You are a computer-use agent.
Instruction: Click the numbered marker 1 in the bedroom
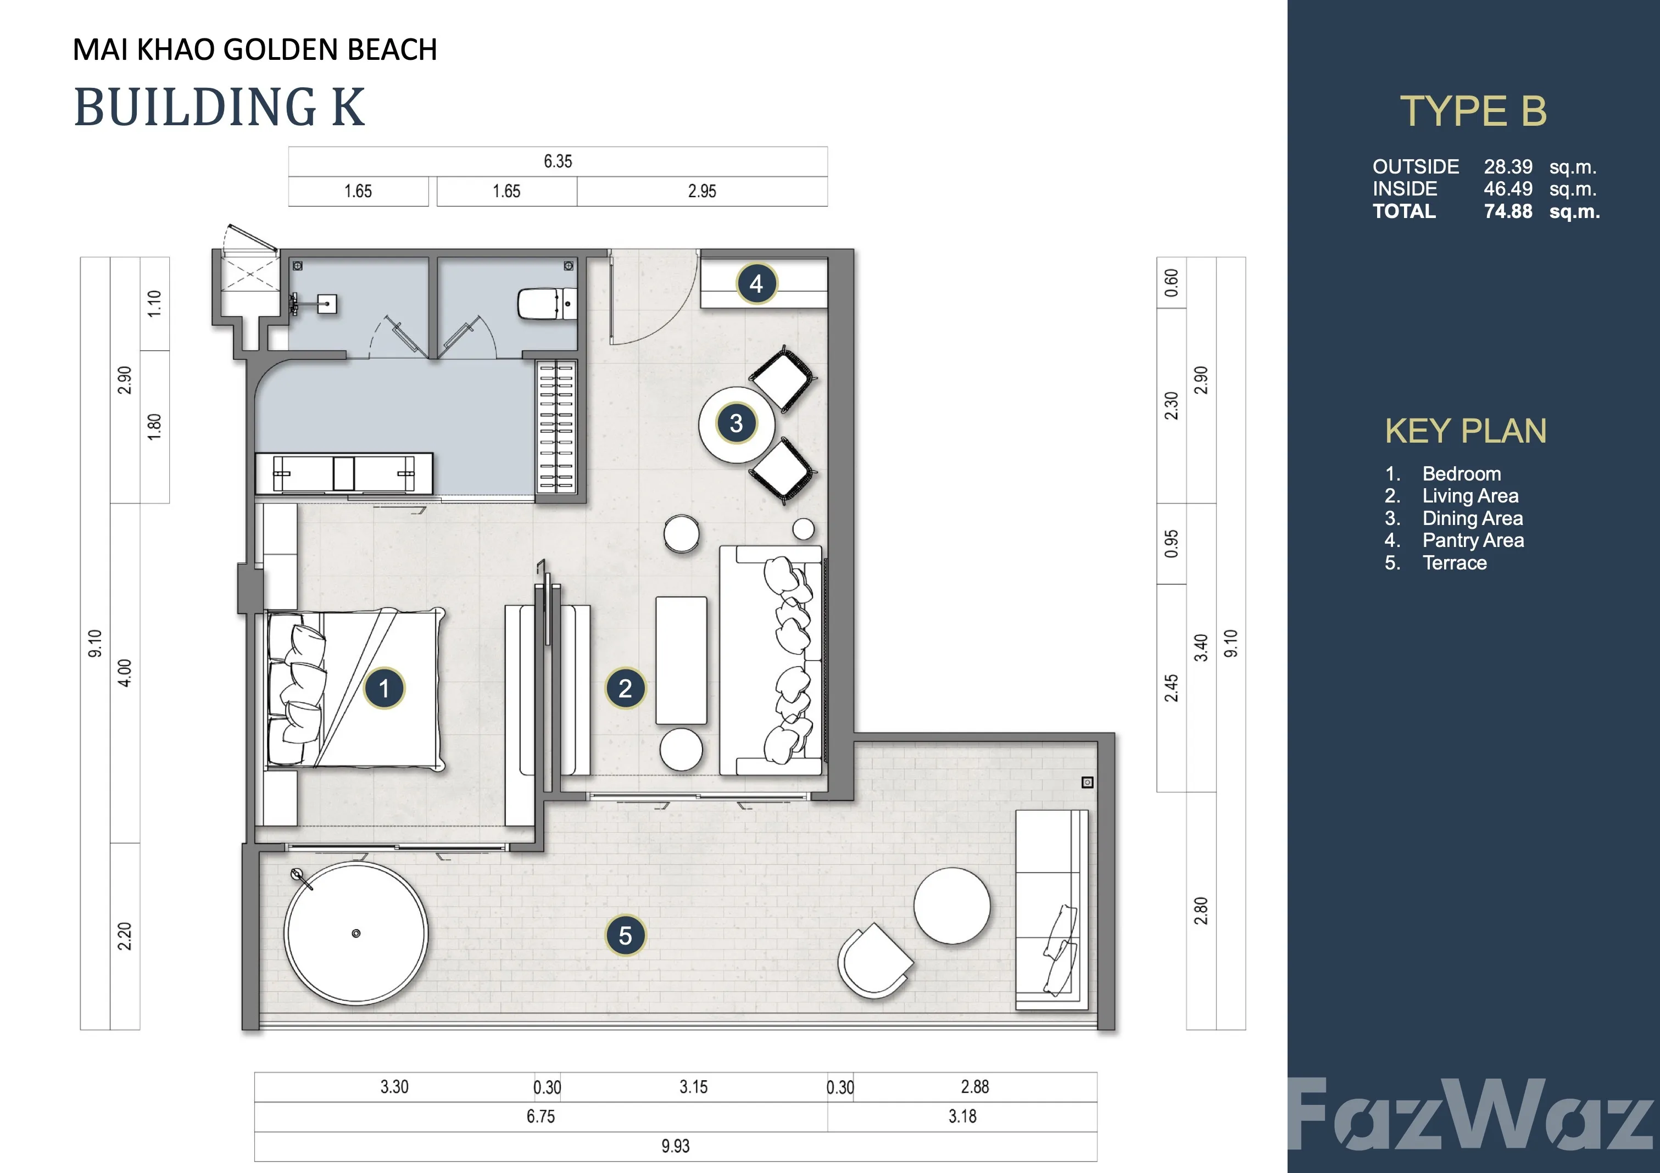pyautogui.click(x=384, y=688)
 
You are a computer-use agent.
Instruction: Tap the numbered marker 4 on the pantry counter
pyautogui.click(x=756, y=283)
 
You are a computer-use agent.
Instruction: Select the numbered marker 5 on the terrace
pyautogui.click(x=626, y=935)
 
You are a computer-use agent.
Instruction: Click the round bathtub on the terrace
pyautogui.click(x=356, y=933)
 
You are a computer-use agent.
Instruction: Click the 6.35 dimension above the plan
pyautogui.click(x=558, y=161)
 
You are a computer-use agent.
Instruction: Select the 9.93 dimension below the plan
pyautogui.click(x=675, y=1146)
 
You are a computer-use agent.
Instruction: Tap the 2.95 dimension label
pyautogui.click(x=702, y=192)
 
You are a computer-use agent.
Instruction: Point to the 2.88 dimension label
pyautogui.click(x=974, y=1086)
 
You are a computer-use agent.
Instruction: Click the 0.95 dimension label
pyautogui.click(x=1171, y=544)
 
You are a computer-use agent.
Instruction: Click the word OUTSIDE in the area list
pyautogui.click(x=1416, y=166)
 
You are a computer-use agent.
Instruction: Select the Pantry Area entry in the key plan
pyautogui.click(x=1473, y=540)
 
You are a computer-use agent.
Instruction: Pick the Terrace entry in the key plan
pyautogui.click(x=1455, y=562)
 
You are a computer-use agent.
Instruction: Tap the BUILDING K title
pyautogui.click(x=220, y=107)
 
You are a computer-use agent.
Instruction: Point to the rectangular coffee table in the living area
pyautogui.click(x=681, y=660)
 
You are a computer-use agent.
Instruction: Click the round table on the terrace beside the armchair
pyautogui.click(x=951, y=906)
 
